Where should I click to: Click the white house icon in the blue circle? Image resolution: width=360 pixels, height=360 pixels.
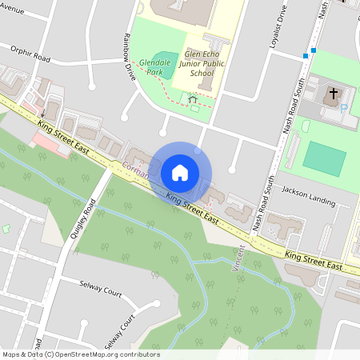(180, 172)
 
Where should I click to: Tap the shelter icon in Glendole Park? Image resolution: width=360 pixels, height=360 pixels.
(193, 99)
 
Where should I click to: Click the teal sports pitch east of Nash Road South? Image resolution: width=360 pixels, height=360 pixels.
(324, 157)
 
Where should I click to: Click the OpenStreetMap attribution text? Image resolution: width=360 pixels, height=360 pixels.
(81, 354)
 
